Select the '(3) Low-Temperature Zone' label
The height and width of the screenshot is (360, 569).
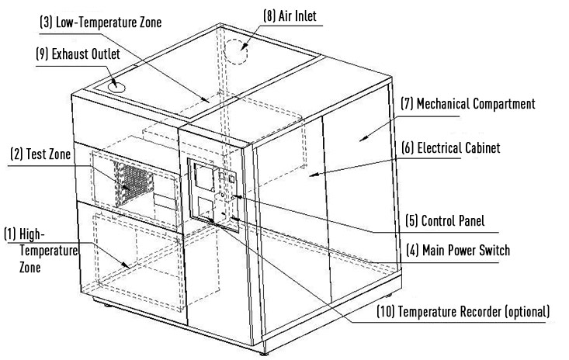pos(101,22)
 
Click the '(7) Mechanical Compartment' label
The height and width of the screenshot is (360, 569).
pos(467,103)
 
